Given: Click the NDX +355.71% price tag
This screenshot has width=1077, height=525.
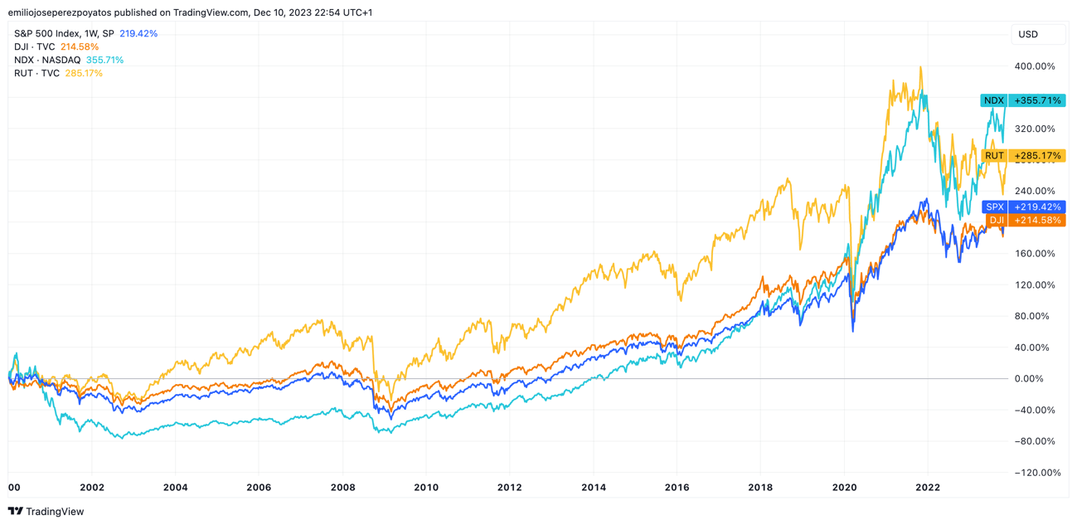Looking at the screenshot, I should (x=1022, y=100).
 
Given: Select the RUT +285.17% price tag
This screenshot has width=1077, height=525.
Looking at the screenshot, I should (x=1022, y=156).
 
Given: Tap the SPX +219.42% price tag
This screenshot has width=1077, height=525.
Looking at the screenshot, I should (x=1022, y=207).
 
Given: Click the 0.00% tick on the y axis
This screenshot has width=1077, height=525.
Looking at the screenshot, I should (x=1037, y=379).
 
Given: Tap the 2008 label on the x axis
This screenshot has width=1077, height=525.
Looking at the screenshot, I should (x=342, y=488).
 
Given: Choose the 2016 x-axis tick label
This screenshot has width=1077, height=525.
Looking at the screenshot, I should (x=677, y=488).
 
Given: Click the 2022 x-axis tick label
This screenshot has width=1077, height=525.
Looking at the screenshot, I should (x=927, y=488).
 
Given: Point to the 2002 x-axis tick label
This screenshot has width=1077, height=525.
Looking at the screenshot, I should (x=92, y=488).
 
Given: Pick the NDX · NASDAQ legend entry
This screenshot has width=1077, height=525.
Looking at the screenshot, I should (x=69, y=61).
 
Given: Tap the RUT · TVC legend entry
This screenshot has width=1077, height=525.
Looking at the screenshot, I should (x=58, y=74).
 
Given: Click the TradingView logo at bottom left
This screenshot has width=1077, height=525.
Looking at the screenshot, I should (x=46, y=512).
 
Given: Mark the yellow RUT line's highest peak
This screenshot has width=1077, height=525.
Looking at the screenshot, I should (x=920, y=68).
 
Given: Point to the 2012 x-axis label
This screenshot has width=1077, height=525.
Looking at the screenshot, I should (x=509, y=488).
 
